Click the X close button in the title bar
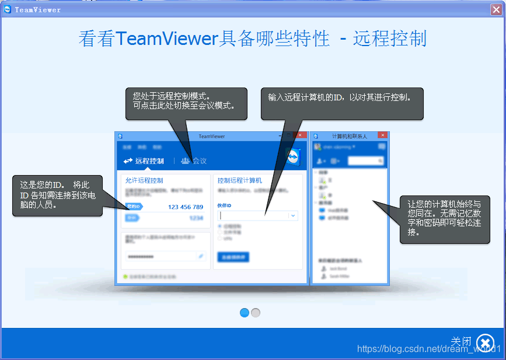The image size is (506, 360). click(x=496, y=9)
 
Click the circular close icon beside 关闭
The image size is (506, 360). click(x=485, y=342)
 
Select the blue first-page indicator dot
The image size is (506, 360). click(x=245, y=313)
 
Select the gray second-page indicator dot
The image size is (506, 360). click(x=256, y=313)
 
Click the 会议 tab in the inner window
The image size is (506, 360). click(x=194, y=161)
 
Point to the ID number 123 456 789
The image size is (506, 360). click(x=186, y=207)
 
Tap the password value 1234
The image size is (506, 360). click(x=196, y=218)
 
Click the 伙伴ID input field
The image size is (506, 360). click(x=253, y=215)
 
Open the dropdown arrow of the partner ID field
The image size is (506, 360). click(x=293, y=215)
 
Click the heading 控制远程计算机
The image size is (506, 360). click(x=240, y=180)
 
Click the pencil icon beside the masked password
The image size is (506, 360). click(x=201, y=256)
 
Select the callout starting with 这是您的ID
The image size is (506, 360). click(x=57, y=195)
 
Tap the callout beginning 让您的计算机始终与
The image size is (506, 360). click(x=445, y=218)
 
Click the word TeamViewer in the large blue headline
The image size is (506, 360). click(x=166, y=39)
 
